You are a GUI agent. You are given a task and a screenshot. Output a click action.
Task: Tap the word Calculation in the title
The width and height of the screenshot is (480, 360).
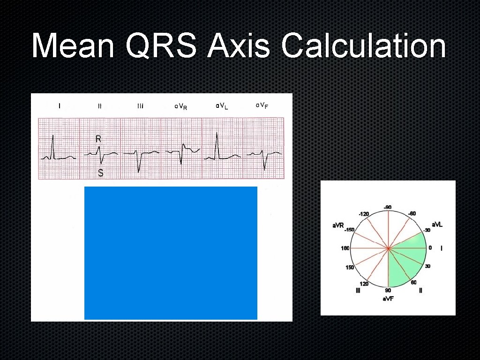tap(363, 47)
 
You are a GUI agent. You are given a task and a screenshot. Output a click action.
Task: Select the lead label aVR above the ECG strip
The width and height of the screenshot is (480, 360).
tap(181, 107)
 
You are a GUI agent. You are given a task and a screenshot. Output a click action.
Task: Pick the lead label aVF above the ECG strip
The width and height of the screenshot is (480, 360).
tap(262, 105)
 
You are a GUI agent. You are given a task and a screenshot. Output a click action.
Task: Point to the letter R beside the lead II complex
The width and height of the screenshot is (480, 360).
tap(98, 139)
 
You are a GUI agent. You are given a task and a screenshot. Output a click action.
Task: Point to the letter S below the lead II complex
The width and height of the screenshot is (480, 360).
tap(100, 173)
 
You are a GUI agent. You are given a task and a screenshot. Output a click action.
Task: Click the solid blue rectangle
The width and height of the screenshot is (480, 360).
tap(171, 253)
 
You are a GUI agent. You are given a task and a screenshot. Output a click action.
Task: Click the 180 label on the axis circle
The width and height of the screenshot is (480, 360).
tap(345, 248)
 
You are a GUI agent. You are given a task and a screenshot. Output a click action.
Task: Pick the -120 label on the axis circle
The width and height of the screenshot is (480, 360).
tap(364, 214)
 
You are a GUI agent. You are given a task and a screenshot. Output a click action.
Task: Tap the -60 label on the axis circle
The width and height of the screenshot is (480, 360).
tap(412, 214)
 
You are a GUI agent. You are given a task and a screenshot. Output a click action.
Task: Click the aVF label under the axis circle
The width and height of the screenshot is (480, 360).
tap(388, 299)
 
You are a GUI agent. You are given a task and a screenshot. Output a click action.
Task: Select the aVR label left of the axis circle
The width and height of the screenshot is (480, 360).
tap(338, 225)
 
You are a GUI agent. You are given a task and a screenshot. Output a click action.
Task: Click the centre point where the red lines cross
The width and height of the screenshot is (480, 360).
tap(388, 248)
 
